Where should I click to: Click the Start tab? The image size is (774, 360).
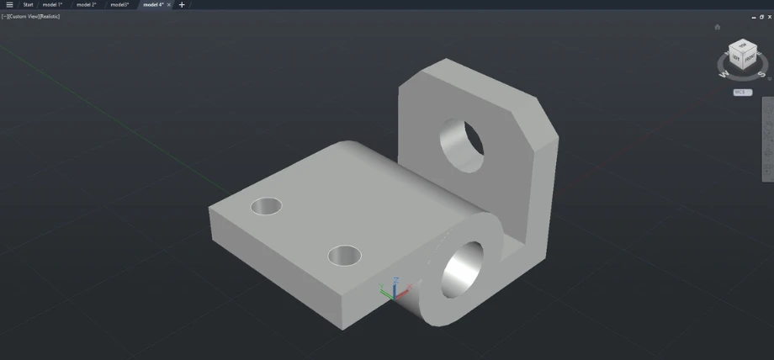pos(28,4)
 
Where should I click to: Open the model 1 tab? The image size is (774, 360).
pos(52,4)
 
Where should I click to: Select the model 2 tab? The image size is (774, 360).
pos(86,4)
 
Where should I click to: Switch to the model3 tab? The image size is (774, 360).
pos(119,4)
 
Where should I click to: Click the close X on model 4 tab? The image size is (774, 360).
pos(167,4)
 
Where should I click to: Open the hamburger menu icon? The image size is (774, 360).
pos(9,4)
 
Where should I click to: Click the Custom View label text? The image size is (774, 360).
pos(23,16)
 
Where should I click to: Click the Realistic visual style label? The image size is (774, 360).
pos(49,16)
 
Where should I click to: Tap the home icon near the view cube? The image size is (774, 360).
pos(717,27)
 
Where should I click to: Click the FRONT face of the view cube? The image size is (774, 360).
pos(748,58)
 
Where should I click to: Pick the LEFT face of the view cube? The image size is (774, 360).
pos(735,58)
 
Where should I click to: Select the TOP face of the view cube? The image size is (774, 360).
pos(741,45)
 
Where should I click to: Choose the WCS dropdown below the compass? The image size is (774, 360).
pos(742,92)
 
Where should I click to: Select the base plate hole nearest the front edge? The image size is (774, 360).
pos(344,254)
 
